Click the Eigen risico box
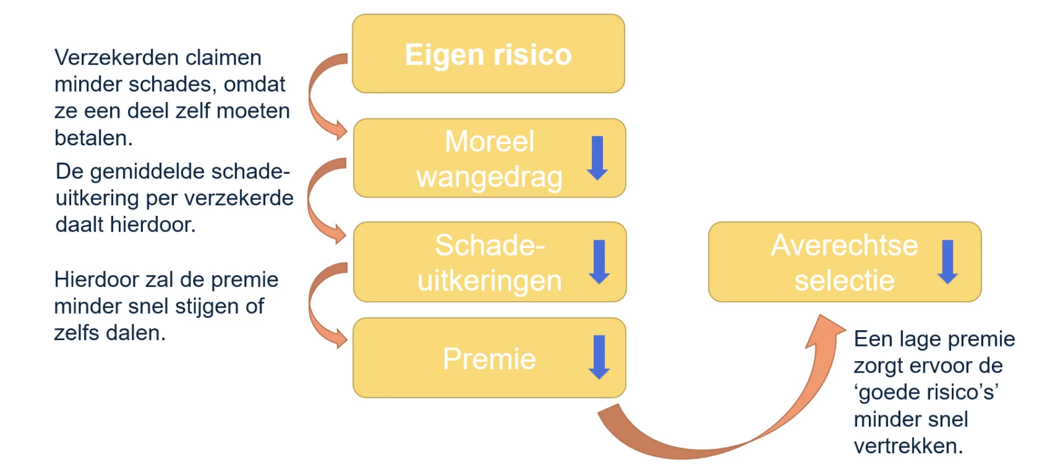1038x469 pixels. [x=488, y=54]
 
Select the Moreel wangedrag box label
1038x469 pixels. [x=489, y=159]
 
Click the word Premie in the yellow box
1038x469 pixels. [x=489, y=359]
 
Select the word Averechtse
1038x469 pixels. [x=844, y=246]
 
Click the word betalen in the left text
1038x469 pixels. [x=93, y=138]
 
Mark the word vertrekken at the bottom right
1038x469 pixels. [x=907, y=446]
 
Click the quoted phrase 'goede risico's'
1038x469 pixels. [x=926, y=393]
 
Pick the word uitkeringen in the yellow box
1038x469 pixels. [x=489, y=281]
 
